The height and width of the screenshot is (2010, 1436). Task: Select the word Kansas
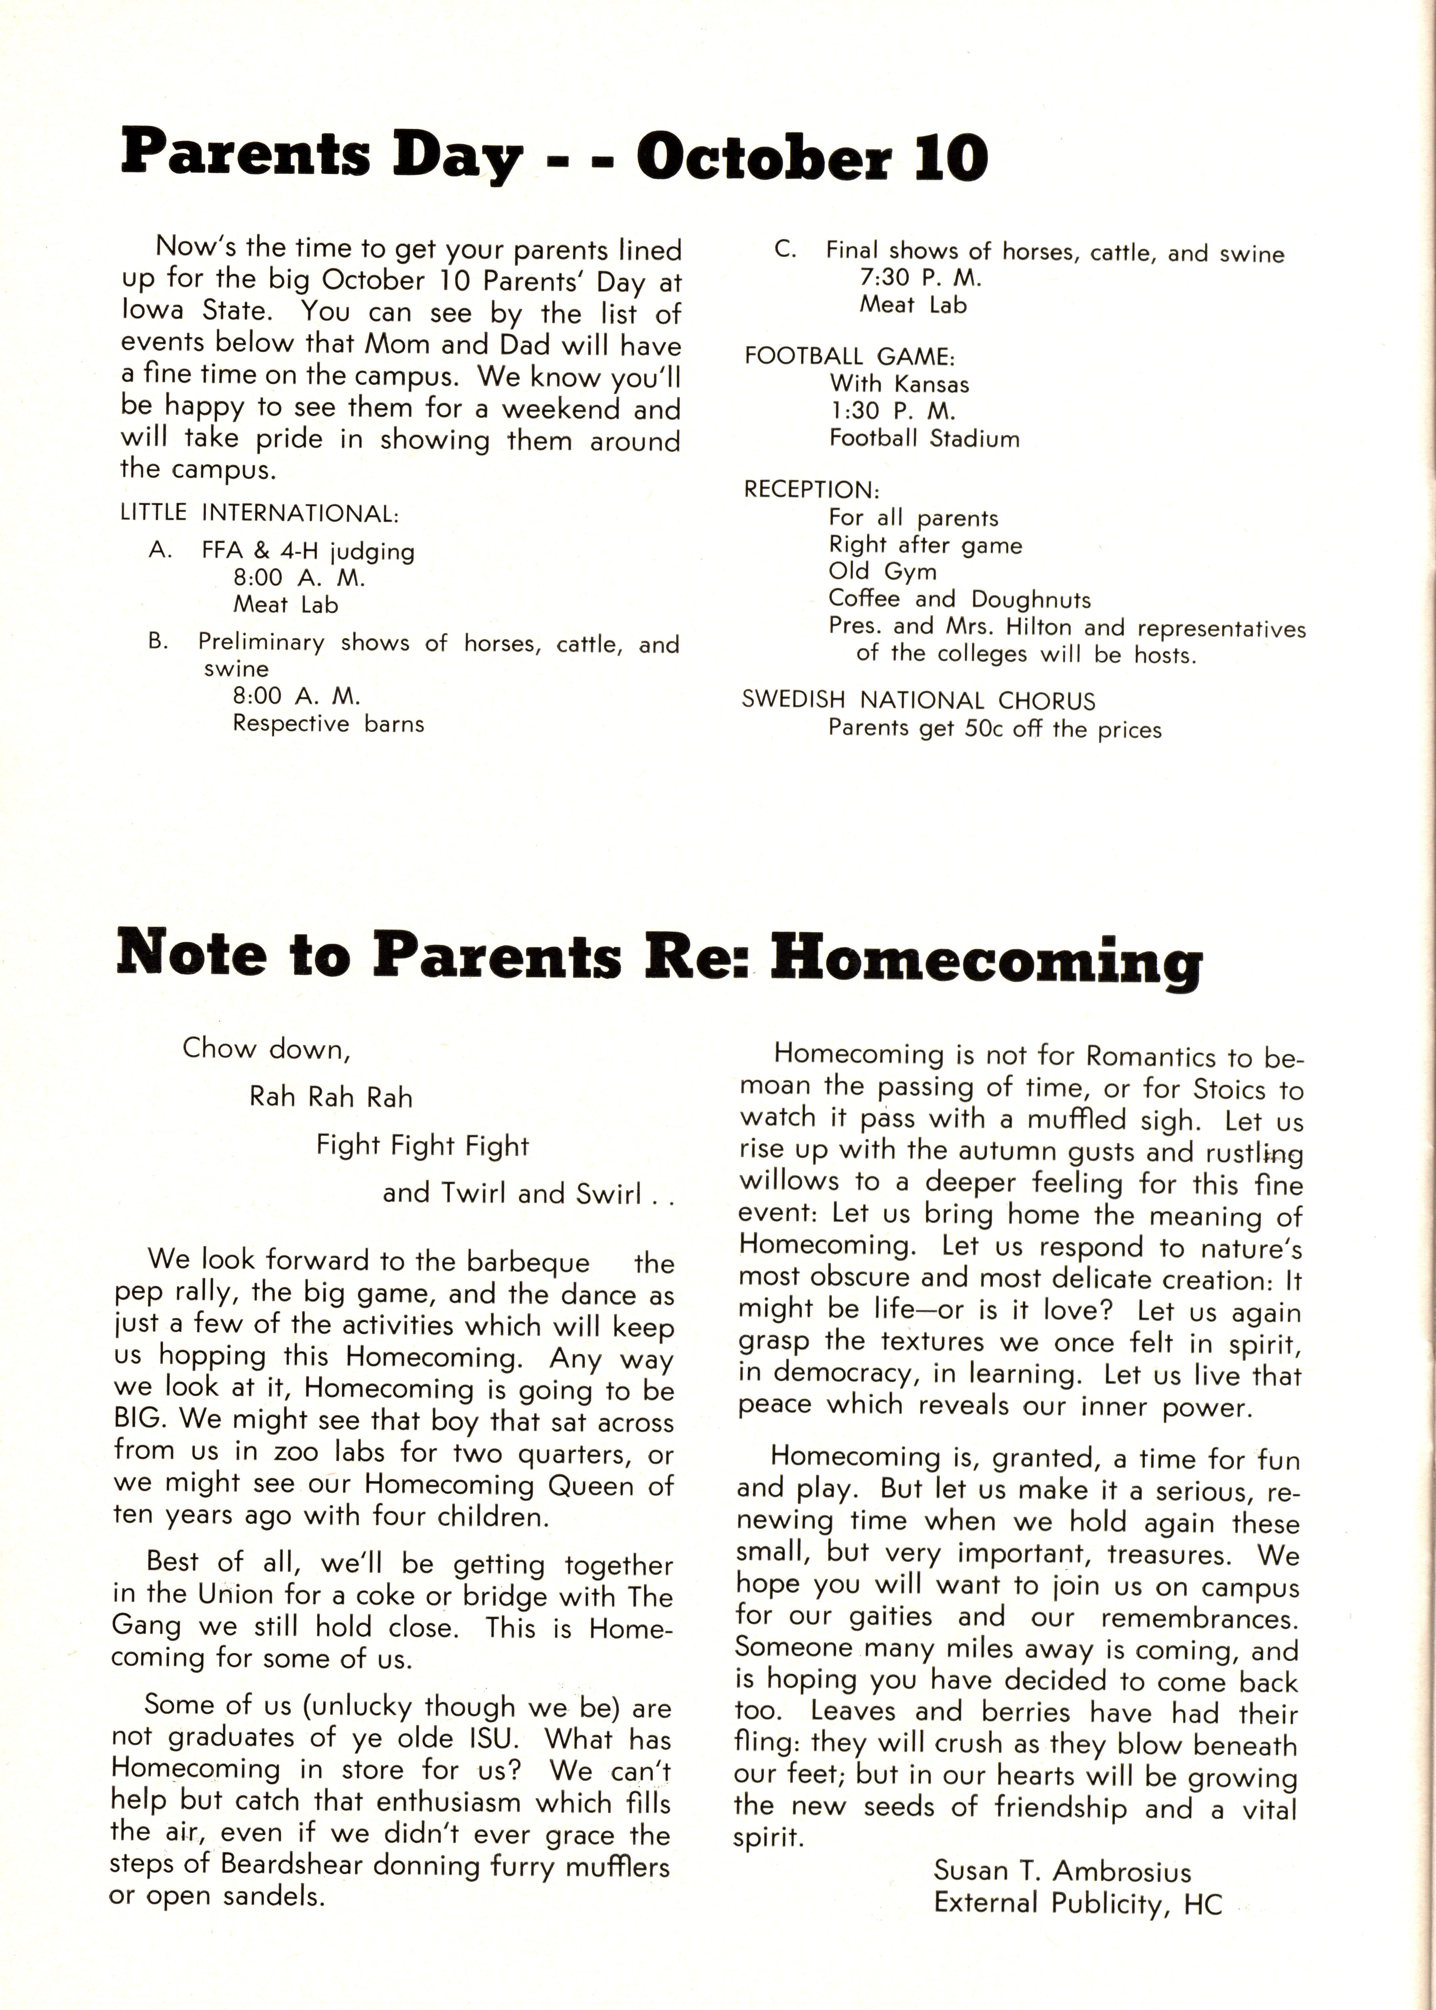[932, 385]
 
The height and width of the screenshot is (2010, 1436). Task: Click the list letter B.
[158, 642]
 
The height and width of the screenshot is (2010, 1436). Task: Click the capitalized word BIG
[138, 1420]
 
